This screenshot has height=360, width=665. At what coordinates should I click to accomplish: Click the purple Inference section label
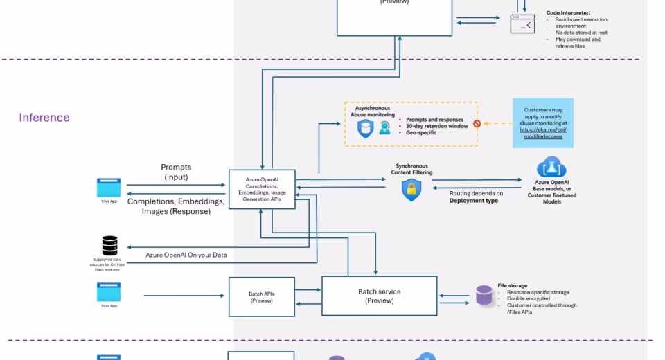point(44,118)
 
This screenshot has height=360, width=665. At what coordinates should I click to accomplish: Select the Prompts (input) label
point(176,172)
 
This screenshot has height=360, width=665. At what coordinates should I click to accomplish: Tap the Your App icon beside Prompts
point(109,188)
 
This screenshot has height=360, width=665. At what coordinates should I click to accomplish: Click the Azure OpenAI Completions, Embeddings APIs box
point(262,189)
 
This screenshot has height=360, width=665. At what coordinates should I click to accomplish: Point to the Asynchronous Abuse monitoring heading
point(373,112)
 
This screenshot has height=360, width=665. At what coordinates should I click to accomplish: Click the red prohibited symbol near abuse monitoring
point(477,124)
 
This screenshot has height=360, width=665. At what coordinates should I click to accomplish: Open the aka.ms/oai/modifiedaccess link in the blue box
point(543,133)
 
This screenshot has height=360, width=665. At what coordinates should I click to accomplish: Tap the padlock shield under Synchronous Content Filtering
point(411,190)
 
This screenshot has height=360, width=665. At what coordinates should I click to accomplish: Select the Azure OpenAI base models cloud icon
point(551,168)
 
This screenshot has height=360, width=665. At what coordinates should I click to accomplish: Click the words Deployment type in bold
point(473,201)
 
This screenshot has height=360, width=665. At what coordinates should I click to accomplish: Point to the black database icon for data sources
point(109,246)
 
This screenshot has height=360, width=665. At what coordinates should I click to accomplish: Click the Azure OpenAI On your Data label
point(186,255)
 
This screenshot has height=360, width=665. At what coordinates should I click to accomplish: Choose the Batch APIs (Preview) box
point(262,297)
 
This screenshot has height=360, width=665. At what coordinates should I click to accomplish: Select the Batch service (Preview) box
point(380,296)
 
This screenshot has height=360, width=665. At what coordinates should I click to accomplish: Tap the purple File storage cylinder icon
point(484,296)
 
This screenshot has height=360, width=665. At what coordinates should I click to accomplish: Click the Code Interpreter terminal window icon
point(522,24)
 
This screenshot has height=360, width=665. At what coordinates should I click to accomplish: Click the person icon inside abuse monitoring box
point(384,128)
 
